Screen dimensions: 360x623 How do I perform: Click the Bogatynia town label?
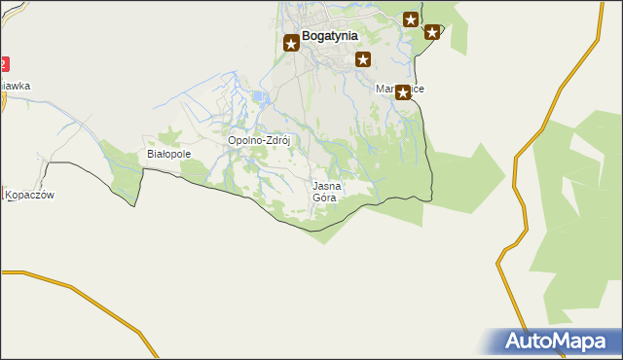[330, 35]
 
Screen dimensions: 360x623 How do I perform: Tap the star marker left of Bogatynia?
[291, 43]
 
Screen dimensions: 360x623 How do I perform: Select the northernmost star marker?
[411, 19]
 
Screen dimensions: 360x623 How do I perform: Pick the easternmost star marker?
[432, 32]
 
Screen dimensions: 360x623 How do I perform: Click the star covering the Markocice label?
[402, 92]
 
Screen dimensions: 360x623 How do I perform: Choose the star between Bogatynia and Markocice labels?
[363, 59]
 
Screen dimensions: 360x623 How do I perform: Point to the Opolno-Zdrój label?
[260, 140]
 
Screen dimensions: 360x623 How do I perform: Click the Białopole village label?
[168, 154]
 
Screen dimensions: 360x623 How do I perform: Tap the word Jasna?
[327, 185]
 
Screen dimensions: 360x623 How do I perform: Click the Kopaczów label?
[30, 195]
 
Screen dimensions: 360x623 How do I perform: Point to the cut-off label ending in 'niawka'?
[16, 86]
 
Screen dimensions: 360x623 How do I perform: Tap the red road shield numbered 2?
[3, 64]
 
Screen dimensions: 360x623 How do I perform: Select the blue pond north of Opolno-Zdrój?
[258, 97]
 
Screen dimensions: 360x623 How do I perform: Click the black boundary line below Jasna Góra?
[321, 230]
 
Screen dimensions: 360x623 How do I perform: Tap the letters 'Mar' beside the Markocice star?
[385, 89]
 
